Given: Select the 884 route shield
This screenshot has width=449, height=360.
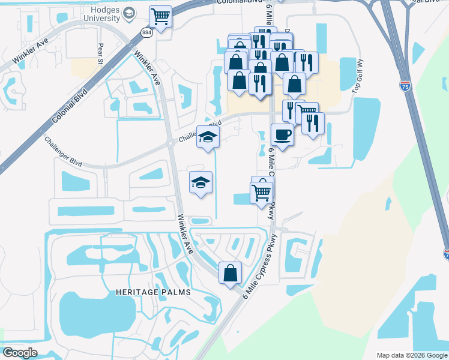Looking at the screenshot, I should (146, 33).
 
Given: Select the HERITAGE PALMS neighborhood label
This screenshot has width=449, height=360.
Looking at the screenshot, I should (153, 292).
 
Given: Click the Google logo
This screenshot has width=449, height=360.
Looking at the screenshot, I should (20, 352).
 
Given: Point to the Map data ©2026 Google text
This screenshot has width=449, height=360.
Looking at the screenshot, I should (412, 355).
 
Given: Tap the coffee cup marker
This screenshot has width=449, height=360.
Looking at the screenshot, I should (282, 134).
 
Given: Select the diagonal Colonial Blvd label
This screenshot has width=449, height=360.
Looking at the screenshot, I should (70, 107).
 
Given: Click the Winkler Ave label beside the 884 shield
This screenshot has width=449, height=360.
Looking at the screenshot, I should (148, 66).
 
